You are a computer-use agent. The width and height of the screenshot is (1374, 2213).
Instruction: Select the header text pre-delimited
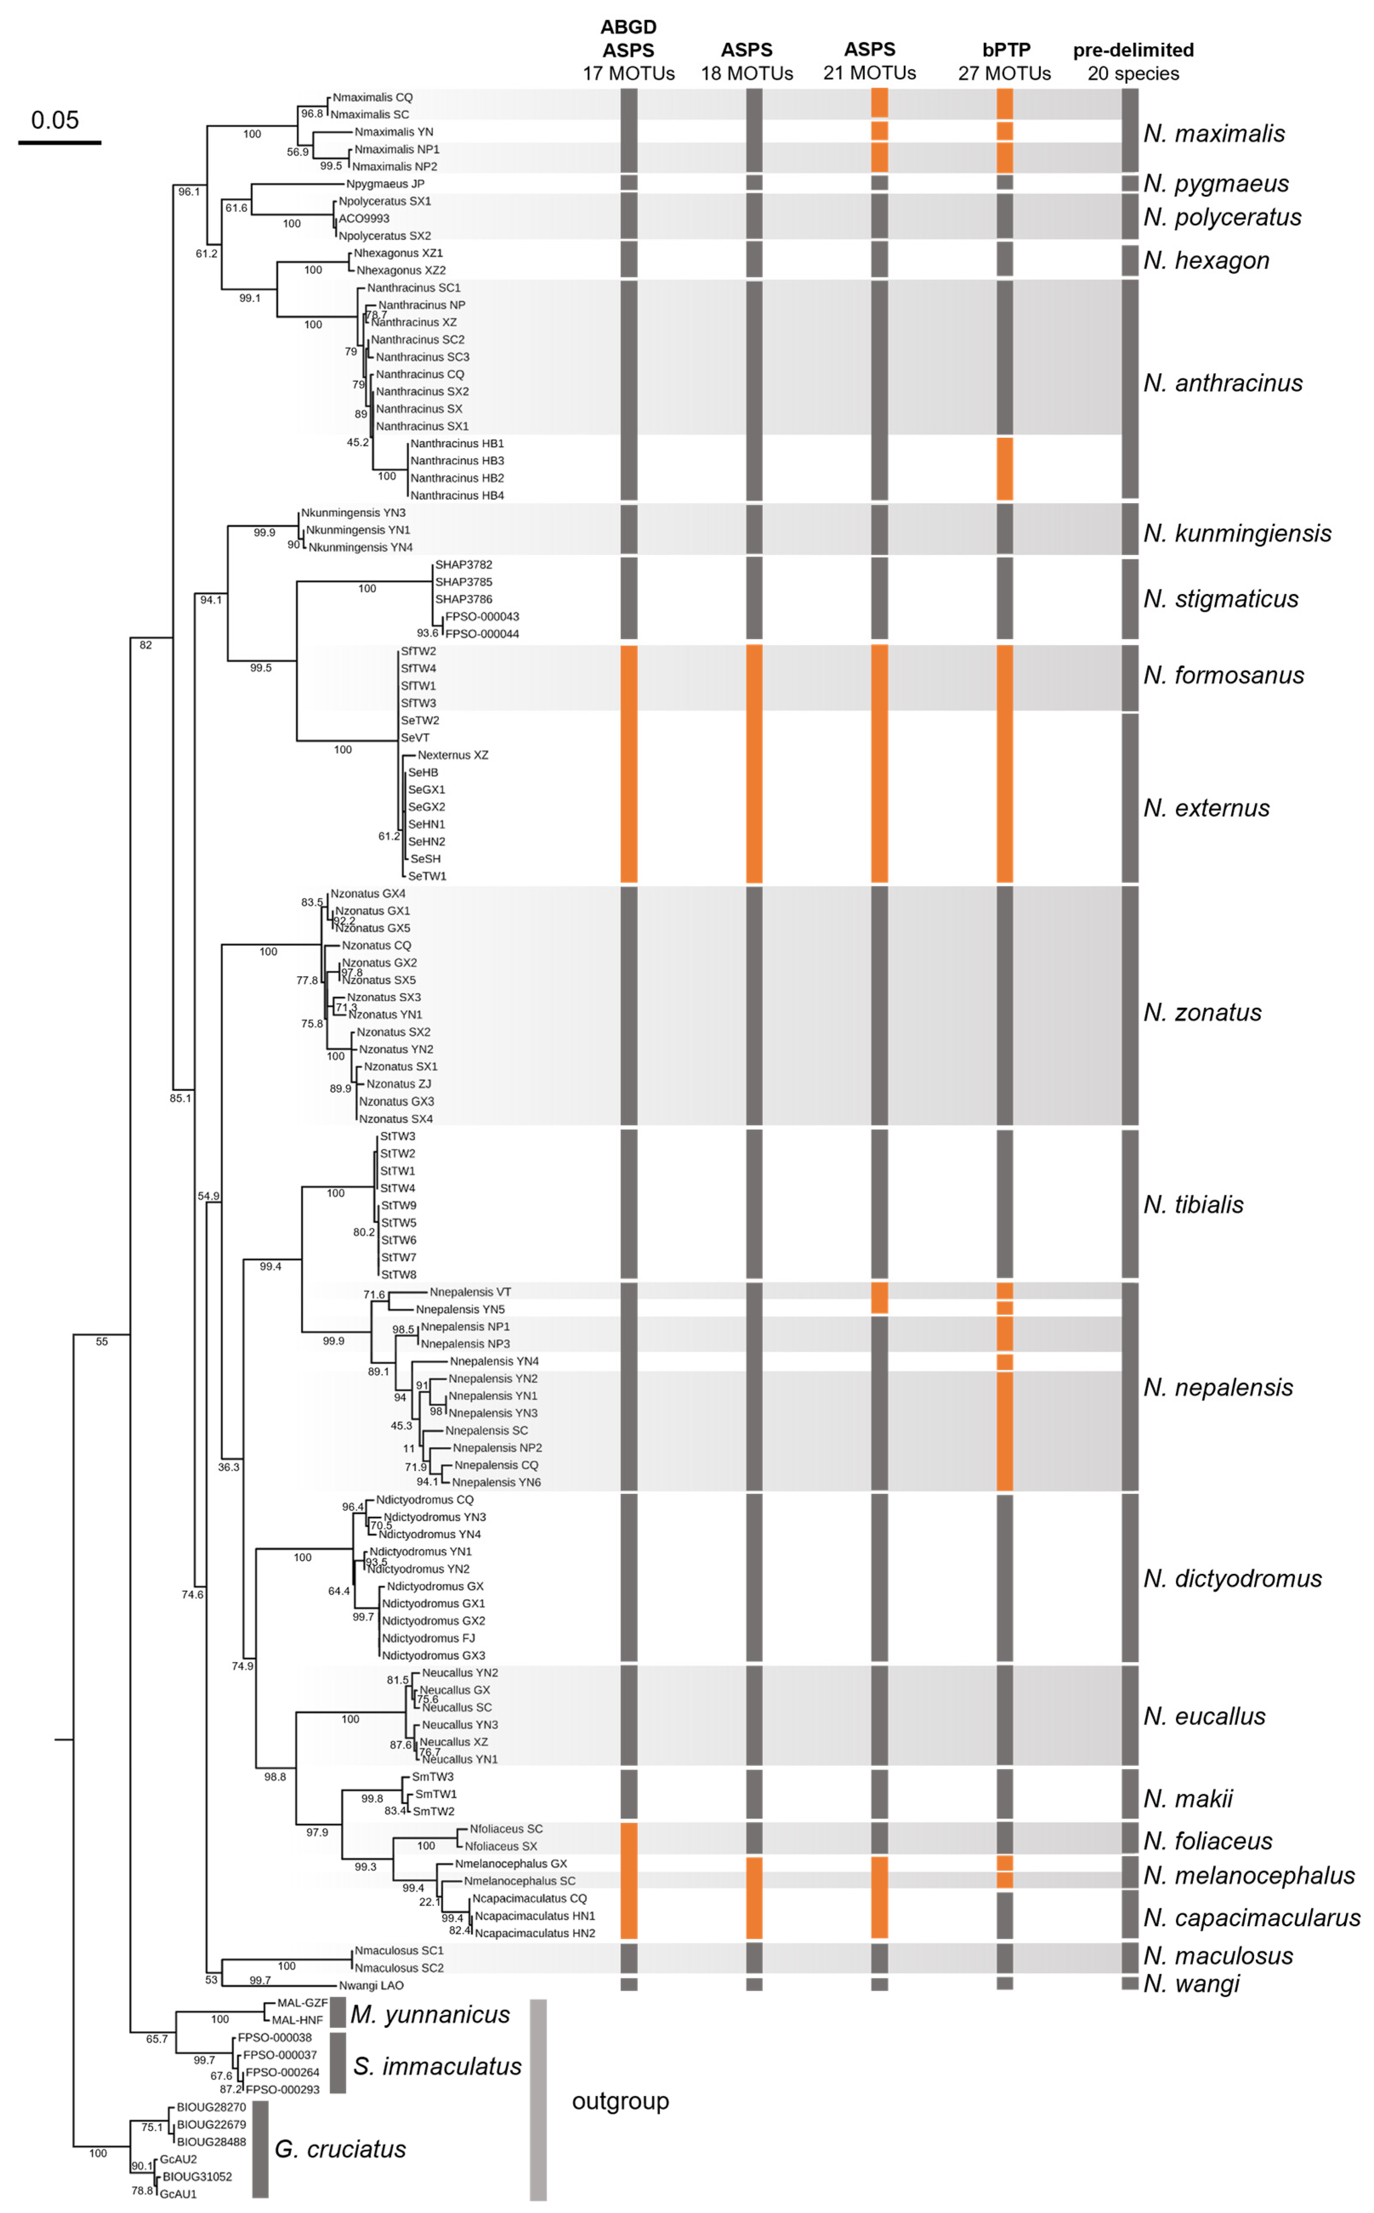[1133, 50]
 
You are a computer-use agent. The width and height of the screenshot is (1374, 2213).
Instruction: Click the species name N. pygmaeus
[1216, 184]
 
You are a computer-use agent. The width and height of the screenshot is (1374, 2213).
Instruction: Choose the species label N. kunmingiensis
[1237, 533]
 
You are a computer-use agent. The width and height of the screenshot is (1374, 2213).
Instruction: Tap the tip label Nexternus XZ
[453, 755]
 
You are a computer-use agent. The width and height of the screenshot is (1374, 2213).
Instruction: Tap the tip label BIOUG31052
[197, 2176]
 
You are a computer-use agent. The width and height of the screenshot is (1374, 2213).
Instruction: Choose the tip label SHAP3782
[463, 564]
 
